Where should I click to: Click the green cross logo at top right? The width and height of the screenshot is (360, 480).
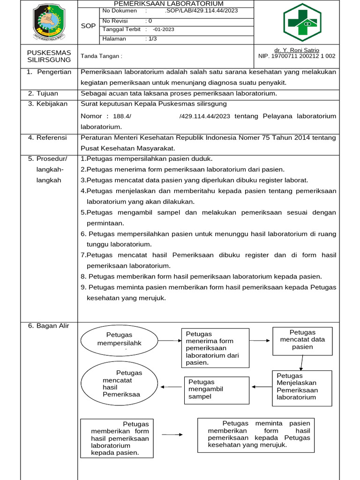[x=302, y=22]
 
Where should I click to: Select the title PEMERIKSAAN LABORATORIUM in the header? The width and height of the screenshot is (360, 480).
[x=169, y=4]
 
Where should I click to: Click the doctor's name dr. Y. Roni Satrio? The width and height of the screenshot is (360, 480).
[x=297, y=50]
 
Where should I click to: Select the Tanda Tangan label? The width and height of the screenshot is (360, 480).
[x=101, y=56]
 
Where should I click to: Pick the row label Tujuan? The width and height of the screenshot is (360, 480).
[x=47, y=93]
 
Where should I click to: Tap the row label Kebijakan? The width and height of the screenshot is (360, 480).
[x=51, y=104]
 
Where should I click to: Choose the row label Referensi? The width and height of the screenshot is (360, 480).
[x=51, y=138]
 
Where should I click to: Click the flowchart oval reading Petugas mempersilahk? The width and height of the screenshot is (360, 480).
[x=119, y=340]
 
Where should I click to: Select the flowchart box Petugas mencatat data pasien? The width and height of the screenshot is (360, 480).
[x=302, y=340]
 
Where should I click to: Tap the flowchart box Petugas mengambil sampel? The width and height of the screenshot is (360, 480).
[x=216, y=390]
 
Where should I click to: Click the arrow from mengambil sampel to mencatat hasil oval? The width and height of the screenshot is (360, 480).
[x=172, y=387]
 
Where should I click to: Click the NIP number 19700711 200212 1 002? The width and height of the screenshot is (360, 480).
[x=297, y=56]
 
